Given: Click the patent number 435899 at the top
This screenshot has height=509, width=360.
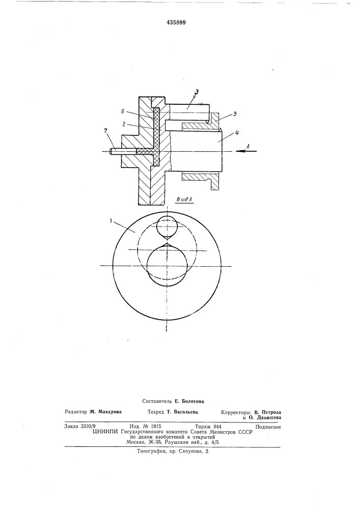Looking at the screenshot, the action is pyautogui.click(x=176, y=22).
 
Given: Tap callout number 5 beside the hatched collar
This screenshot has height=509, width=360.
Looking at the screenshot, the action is pyautogui.click(x=235, y=114).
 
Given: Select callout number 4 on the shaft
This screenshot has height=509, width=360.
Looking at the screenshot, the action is pyautogui.click(x=237, y=132).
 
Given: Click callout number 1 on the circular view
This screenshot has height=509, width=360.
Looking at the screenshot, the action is pyautogui.click(x=112, y=221).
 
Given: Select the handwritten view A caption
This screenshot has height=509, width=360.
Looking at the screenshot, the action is pyautogui.click(x=184, y=200).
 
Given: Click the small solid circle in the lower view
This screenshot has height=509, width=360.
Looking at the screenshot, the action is pyautogui.click(x=167, y=227).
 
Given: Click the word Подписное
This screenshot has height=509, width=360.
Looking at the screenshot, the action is pyautogui.click(x=268, y=427).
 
